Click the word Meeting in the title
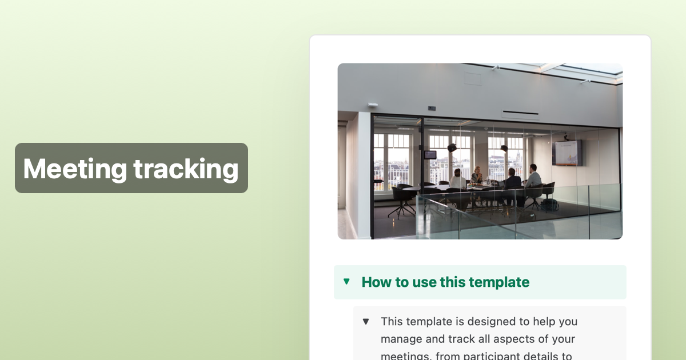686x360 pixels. [x=74, y=169]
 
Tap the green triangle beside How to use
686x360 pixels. [x=346, y=281]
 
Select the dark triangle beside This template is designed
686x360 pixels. [x=366, y=321]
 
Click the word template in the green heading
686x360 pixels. [x=498, y=282]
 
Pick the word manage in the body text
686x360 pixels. [x=401, y=339]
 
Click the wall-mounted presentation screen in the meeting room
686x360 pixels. [x=567, y=153]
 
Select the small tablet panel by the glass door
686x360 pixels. [x=430, y=155]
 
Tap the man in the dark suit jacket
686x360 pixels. [x=512, y=180]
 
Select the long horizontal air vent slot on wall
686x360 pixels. [x=520, y=113]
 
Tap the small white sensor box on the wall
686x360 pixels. [x=373, y=105]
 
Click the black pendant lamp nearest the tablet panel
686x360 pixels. [x=452, y=147]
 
